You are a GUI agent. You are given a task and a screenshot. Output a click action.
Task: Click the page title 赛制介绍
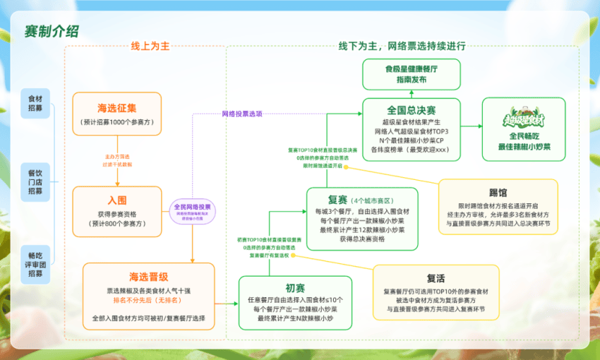pyautogui.click(x=52, y=32)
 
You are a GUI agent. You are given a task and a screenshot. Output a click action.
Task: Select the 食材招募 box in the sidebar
pyautogui.click(x=35, y=104)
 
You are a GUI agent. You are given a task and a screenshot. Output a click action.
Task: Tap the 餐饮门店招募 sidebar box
pyautogui.click(x=35, y=181)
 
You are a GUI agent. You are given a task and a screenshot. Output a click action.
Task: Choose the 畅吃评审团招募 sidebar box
pyautogui.click(x=35, y=261)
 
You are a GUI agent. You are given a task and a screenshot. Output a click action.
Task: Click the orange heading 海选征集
pyautogui.click(x=117, y=107)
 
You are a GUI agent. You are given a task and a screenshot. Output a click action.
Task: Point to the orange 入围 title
pyautogui.click(x=117, y=200)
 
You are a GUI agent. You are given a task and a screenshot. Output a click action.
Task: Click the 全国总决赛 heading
pyautogui.click(x=411, y=111)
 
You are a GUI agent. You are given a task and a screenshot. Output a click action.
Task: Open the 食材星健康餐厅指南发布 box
pyautogui.click(x=411, y=74)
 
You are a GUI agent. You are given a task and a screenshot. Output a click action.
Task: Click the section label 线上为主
pyautogui.click(x=150, y=46)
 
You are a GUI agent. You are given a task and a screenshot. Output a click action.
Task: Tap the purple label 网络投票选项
pyautogui.click(x=242, y=113)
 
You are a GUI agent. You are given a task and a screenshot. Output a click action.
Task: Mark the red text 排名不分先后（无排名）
pyautogui.click(x=148, y=300)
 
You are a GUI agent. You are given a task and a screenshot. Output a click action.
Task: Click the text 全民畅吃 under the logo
pyautogui.click(x=524, y=136)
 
